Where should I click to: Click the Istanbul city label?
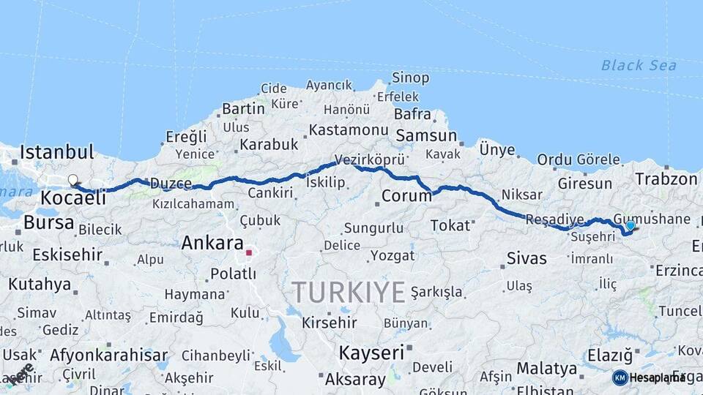57,153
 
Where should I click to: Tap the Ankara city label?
212,242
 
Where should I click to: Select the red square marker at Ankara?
249,253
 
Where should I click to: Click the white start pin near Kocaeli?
72,179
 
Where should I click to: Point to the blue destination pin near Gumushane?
630,226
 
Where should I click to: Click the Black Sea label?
639,66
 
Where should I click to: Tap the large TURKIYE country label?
349,293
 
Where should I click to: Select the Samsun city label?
427,137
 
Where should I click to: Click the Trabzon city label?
666,179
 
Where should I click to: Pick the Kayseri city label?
371,353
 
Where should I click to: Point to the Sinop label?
410,78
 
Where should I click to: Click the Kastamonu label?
348,130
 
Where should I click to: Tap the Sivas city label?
527,258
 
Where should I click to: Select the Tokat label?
450,225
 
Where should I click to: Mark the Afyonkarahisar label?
109,355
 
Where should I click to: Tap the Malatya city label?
546,368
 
